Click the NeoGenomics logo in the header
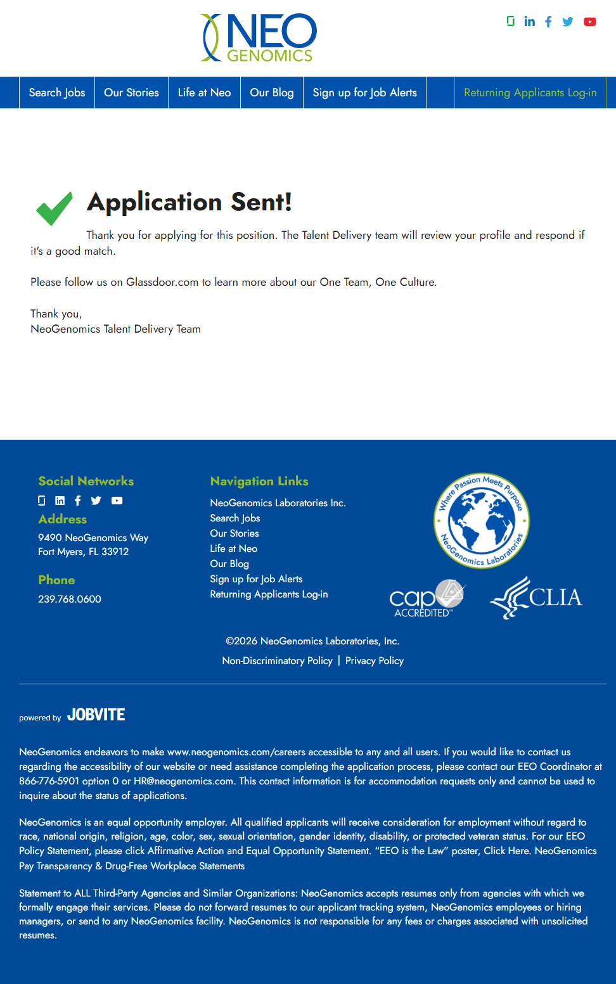[x=259, y=38]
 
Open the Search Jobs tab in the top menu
[x=57, y=93]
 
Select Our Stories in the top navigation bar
[x=131, y=93]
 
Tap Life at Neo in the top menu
[x=204, y=93]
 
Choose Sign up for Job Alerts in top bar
[x=364, y=93]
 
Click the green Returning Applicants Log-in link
[x=530, y=93]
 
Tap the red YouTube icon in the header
[x=590, y=22]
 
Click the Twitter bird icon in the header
[x=568, y=22]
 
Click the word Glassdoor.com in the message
[x=162, y=282]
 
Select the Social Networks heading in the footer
[x=86, y=481]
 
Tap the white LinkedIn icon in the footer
[x=60, y=501]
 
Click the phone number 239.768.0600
[x=70, y=599]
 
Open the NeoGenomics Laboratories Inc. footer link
[x=278, y=503]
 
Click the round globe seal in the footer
[x=482, y=521]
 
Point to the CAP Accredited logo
[x=427, y=598]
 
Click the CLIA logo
[x=536, y=597]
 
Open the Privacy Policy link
[x=375, y=661]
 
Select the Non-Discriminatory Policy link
[x=277, y=661]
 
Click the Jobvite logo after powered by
[x=96, y=715]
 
